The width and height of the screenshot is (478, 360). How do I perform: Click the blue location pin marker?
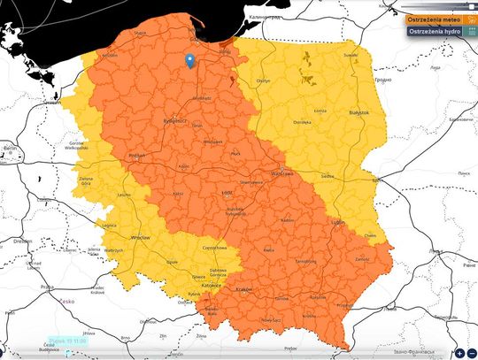[x=189, y=60]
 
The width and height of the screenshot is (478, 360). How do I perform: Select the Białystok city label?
[x=358, y=113]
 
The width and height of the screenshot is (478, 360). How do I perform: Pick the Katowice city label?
[x=209, y=286]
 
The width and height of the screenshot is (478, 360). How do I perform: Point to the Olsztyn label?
[x=262, y=80]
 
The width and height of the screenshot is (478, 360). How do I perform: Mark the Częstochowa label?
[x=215, y=249]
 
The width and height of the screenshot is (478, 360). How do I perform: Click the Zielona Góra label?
[x=87, y=182]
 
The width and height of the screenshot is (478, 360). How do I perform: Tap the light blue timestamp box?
[x=67, y=341]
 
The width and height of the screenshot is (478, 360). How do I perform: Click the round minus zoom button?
[x=472, y=353]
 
